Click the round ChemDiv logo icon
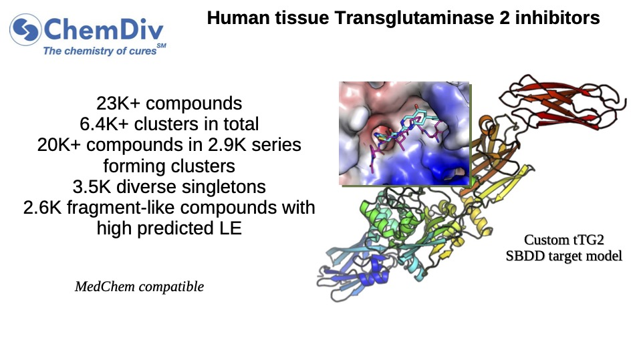[25, 29]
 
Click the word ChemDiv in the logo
[104, 30]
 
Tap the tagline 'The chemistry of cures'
[100, 51]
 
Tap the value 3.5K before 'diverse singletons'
[92, 187]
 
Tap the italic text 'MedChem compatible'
[140, 287]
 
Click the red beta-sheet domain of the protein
[564, 102]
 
